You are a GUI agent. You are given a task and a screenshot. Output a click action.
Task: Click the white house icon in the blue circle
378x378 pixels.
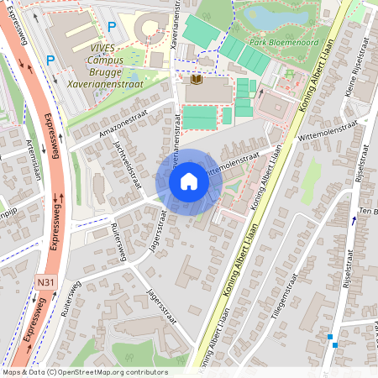click(189, 181)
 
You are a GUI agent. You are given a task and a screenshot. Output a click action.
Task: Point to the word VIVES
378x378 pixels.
click(106, 48)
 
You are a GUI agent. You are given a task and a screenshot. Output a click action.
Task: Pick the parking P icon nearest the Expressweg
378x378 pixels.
click(50, 60)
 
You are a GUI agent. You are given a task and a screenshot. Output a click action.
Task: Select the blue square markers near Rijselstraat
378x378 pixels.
click(333, 341)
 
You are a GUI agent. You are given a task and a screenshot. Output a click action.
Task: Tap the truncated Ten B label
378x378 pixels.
click(368, 210)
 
